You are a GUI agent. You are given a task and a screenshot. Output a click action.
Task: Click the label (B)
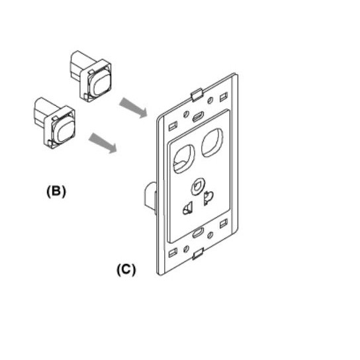[x=56, y=191]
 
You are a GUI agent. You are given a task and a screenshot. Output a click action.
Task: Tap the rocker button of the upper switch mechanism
[x=100, y=83]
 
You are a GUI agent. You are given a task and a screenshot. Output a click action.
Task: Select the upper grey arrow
[x=133, y=108]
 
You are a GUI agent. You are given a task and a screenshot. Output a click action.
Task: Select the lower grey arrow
[x=103, y=143]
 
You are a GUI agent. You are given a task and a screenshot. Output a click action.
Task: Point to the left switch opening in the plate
[x=184, y=159]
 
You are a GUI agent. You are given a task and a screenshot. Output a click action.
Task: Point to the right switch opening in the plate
[x=212, y=142]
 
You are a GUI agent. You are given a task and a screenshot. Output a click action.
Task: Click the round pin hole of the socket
[x=198, y=187]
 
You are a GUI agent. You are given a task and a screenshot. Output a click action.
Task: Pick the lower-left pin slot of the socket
[x=188, y=208]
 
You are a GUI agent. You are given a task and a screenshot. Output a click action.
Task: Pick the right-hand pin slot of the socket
[x=208, y=198]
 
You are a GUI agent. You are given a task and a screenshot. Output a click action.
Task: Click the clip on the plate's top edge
[x=197, y=95]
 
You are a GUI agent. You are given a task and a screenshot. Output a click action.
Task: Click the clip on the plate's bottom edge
[x=198, y=253]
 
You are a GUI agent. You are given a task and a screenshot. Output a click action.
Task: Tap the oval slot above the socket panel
[x=198, y=117]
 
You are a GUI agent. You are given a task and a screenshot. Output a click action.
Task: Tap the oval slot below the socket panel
[x=198, y=233]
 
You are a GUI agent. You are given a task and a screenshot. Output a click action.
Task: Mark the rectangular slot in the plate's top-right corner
[x=224, y=97]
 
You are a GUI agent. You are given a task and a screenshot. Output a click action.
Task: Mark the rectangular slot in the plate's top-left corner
[x=173, y=126]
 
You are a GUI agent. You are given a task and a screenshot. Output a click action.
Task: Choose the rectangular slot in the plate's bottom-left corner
[x=173, y=253]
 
